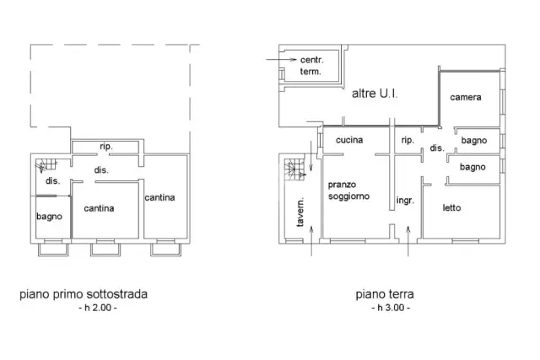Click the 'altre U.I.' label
375,94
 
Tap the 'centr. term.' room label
311,66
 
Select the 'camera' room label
466,97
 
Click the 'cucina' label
349,140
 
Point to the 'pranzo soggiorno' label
348,191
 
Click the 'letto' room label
451,207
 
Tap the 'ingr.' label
405,201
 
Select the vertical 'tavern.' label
300,212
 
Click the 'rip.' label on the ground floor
408,140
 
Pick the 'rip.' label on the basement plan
106,146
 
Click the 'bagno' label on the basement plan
49,217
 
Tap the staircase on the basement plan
46,165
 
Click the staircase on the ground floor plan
294,169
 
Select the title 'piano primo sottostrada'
84,294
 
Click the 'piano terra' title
385,294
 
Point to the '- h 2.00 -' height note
98,308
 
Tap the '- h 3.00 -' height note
391,308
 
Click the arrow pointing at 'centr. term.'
281,60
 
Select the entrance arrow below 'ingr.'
408,241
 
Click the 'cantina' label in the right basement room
159,197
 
